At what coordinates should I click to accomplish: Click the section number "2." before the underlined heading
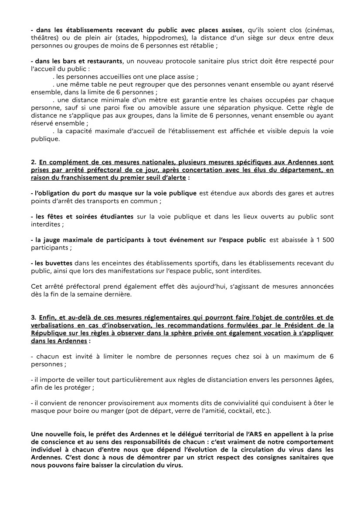click(34, 162)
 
